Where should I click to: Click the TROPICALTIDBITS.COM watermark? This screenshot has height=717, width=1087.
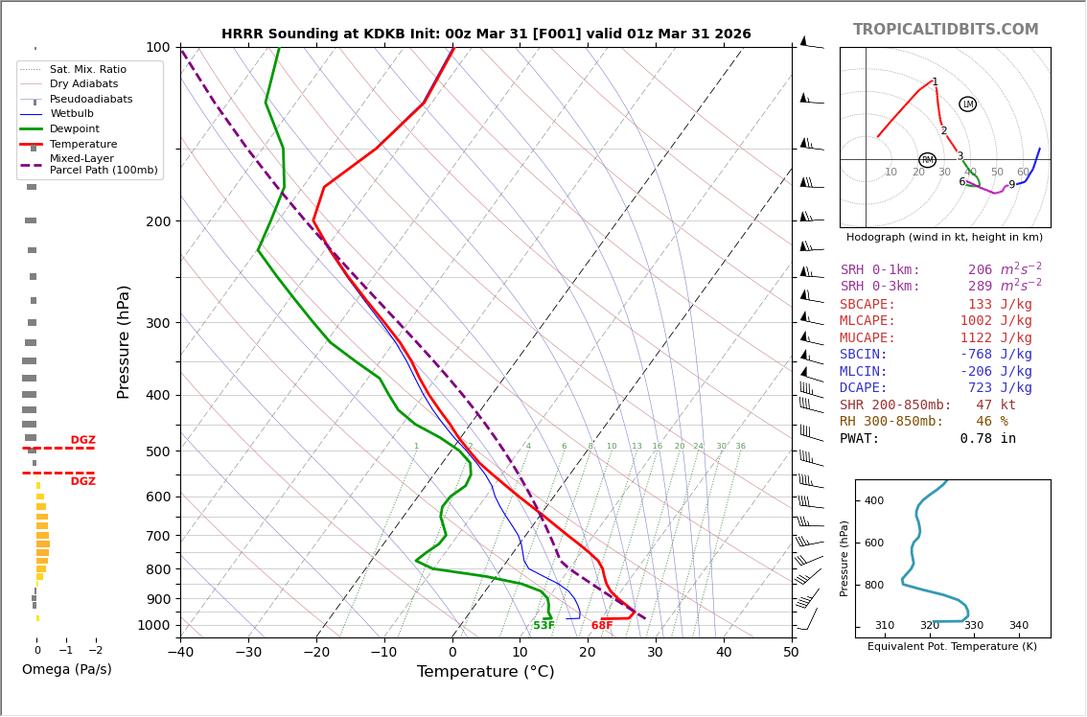click(x=945, y=30)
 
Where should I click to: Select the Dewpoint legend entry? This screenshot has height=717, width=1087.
click(x=75, y=129)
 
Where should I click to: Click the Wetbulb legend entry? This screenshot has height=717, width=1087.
click(x=73, y=114)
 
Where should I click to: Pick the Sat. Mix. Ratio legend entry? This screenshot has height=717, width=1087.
click(x=88, y=69)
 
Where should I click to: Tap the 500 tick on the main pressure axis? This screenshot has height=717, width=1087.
click(x=157, y=451)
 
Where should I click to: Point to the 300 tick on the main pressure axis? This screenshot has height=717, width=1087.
click(x=157, y=323)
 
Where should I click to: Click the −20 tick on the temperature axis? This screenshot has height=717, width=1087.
click(x=316, y=653)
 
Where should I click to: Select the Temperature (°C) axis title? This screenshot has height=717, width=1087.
click(x=485, y=672)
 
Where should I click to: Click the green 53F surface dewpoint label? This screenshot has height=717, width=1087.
click(x=543, y=626)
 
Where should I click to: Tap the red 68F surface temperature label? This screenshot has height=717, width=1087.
click(x=602, y=626)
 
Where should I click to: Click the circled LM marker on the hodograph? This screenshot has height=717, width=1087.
click(x=968, y=104)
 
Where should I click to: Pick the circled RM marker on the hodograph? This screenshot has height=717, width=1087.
click(x=927, y=160)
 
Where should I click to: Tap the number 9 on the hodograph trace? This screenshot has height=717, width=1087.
click(x=1011, y=185)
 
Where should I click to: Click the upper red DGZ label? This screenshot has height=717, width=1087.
click(x=82, y=441)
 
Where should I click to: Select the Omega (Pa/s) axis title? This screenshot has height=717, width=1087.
click(x=67, y=669)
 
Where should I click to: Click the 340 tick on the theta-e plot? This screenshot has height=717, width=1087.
click(x=1018, y=626)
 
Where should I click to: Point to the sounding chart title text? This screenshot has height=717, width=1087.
click(x=486, y=35)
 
